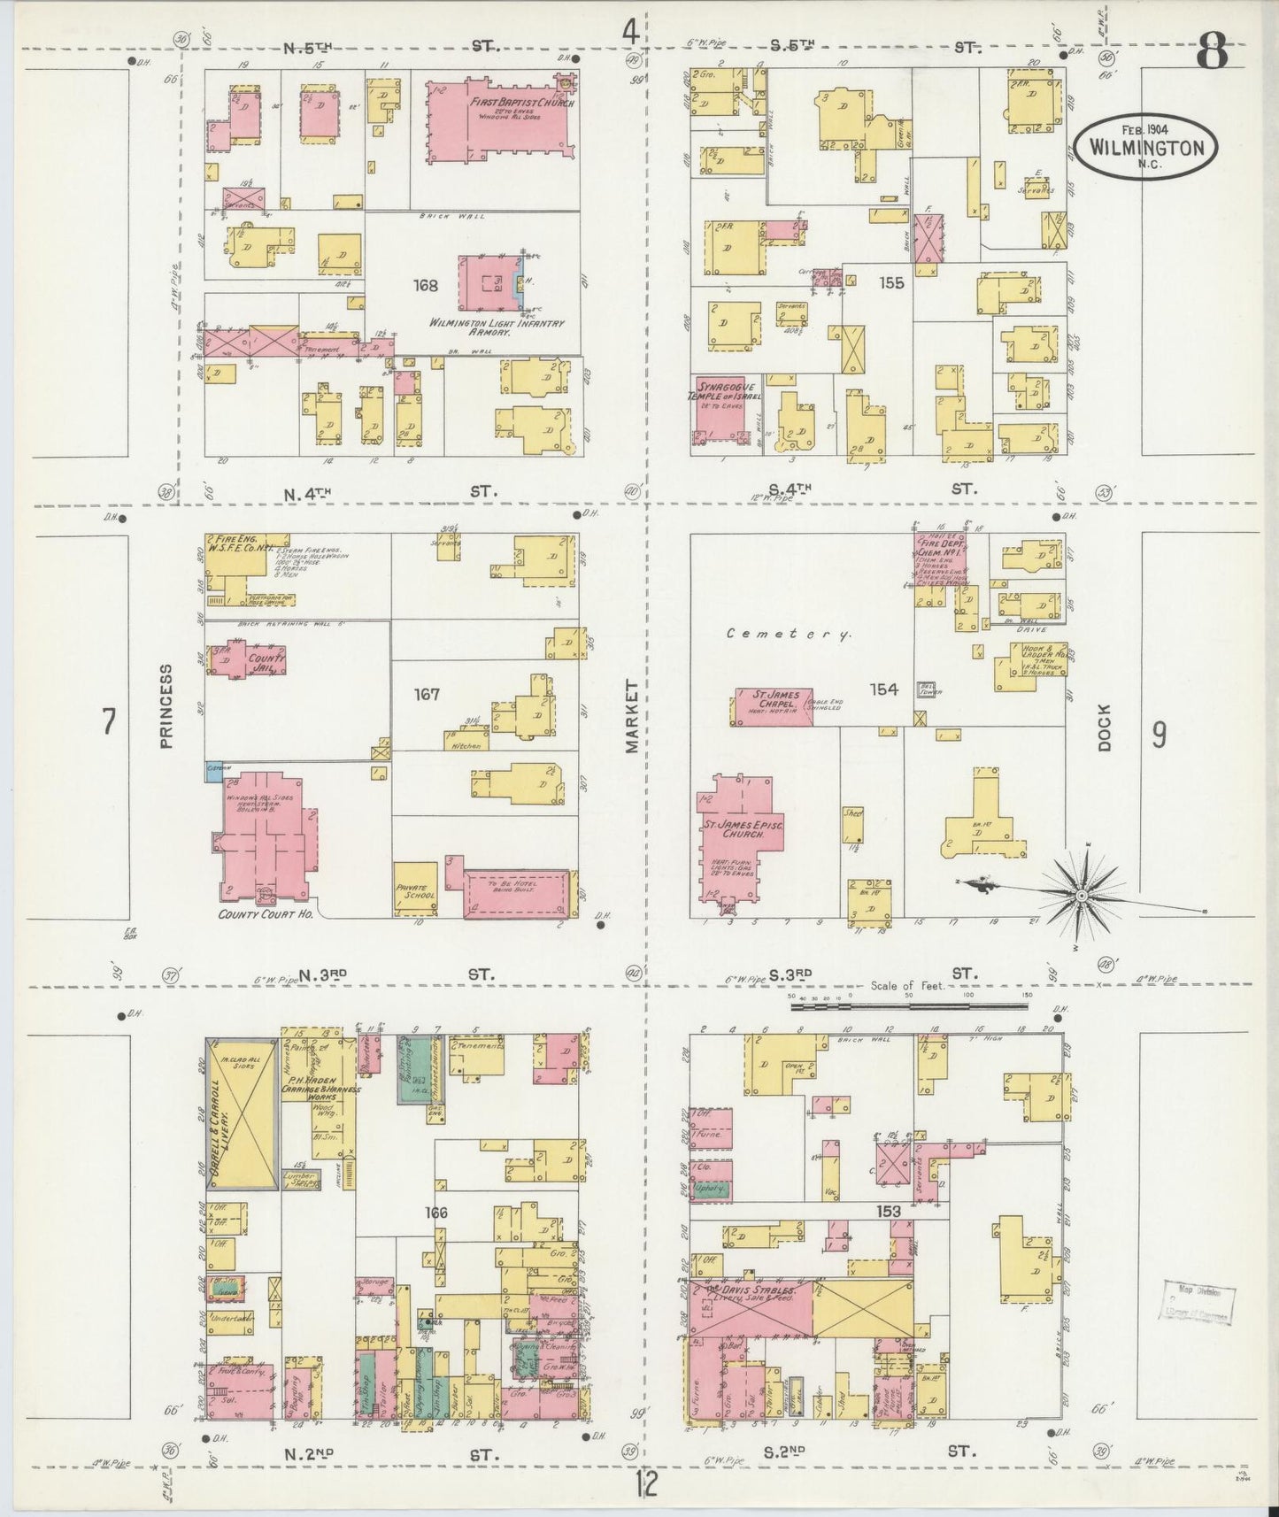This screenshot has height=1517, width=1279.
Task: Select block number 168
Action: tap(426, 286)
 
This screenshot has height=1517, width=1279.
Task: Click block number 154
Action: tap(883, 689)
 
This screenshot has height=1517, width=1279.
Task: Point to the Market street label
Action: tap(632, 717)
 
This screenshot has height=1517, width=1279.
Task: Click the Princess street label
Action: tap(167, 718)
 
